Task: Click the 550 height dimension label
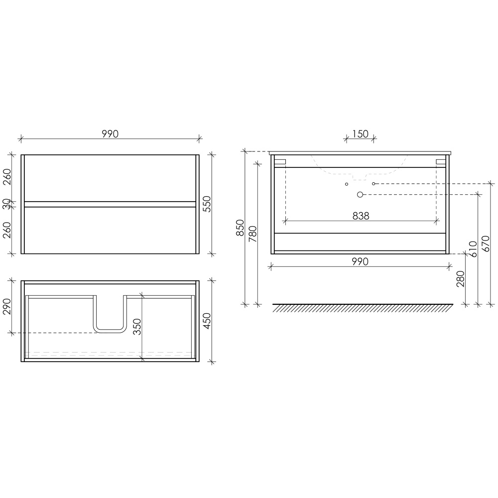[x=207, y=204]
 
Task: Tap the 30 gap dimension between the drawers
[x=7, y=204]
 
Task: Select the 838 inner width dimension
[x=361, y=216]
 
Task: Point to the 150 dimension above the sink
[x=360, y=133]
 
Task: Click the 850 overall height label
[x=240, y=228]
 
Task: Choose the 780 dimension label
[x=253, y=234]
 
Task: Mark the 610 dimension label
[x=473, y=249]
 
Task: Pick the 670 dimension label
[x=486, y=244]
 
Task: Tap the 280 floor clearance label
[x=460, y=278]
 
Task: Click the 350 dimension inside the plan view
[x=137, y=327]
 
